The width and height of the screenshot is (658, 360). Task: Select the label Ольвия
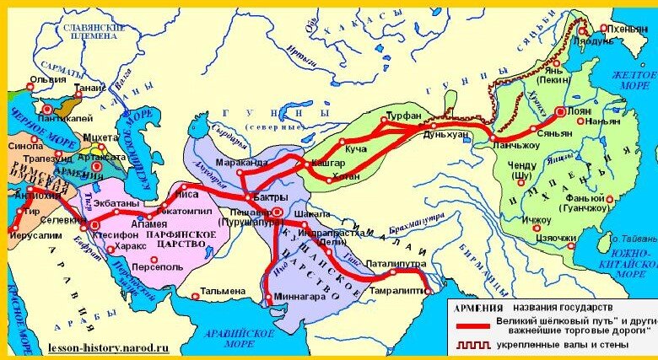point(46,81)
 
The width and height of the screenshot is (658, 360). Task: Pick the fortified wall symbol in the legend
point(471,347)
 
